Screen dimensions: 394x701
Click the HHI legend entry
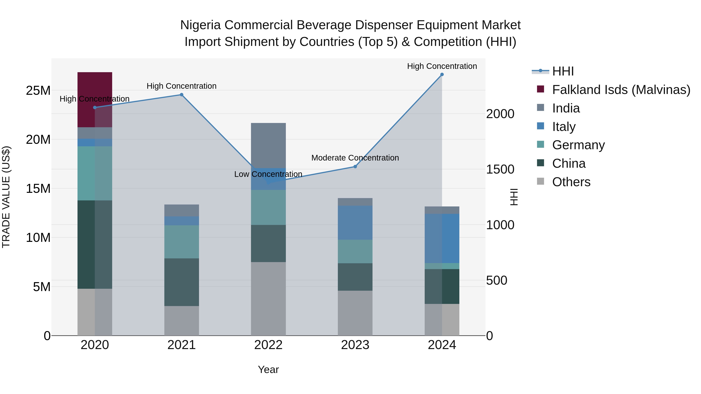click(563, 71)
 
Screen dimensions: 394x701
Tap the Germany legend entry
click(578, 145)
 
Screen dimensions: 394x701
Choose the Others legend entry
click(571, 182)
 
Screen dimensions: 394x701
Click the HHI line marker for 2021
click(181, 95)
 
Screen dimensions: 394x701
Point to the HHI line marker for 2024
click(442, 75)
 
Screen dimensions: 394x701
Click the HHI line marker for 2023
click(355, 166)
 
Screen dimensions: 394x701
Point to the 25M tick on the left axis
click(38, 90)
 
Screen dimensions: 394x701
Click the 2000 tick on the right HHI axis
click(500, 114)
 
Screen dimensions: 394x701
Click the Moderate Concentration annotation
click(355, 158)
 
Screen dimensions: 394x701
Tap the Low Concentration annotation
click(268, 174)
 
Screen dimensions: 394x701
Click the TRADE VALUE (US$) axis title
click(6, 197)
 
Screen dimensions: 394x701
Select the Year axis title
click(268, 369)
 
